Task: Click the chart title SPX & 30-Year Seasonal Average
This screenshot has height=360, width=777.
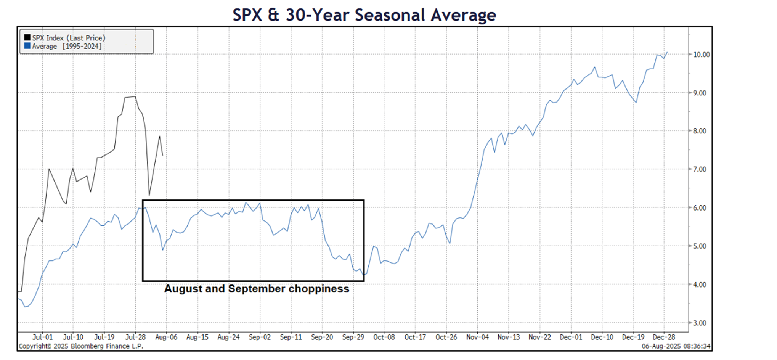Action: pyautogui.click(x=364, y=15)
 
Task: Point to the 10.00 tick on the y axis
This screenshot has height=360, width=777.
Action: pyautogui.click(x=701, y=55)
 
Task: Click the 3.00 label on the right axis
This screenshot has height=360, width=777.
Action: pyautogui.click(x=700, y=323)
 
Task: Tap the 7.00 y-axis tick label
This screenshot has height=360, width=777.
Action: pyautogui.click(x=700, y=169)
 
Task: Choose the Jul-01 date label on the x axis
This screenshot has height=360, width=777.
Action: pyautogui.click(x=42, y=337)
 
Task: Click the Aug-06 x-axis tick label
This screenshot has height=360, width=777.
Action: pyautogui.click(x=166, y=337)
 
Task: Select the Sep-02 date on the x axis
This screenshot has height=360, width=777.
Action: pyautogui.click(x=260, y=337)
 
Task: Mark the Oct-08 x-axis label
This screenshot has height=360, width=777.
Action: pyautogui.click(x=384, y=337)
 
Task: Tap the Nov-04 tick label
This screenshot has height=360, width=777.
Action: pyautogui.click(x=477, y=337)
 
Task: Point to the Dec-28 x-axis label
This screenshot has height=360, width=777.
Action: pyautogui.click(x=664, y=337)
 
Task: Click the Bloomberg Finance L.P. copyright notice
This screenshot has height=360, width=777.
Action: pyautogui.click(x=81, y=346)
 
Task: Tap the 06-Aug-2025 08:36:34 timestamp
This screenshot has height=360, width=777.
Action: pyautogui.click(x=676, y=346)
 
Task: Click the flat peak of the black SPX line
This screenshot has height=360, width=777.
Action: pyautogui.click(x=130, y=97)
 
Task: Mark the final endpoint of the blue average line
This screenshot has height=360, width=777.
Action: pyautogui.click(x=667, y=52)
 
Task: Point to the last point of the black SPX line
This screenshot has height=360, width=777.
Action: pyautogui.click(x=163, y=155)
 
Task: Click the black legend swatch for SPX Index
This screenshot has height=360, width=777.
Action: pyautogui.click(x=27, y=37)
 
